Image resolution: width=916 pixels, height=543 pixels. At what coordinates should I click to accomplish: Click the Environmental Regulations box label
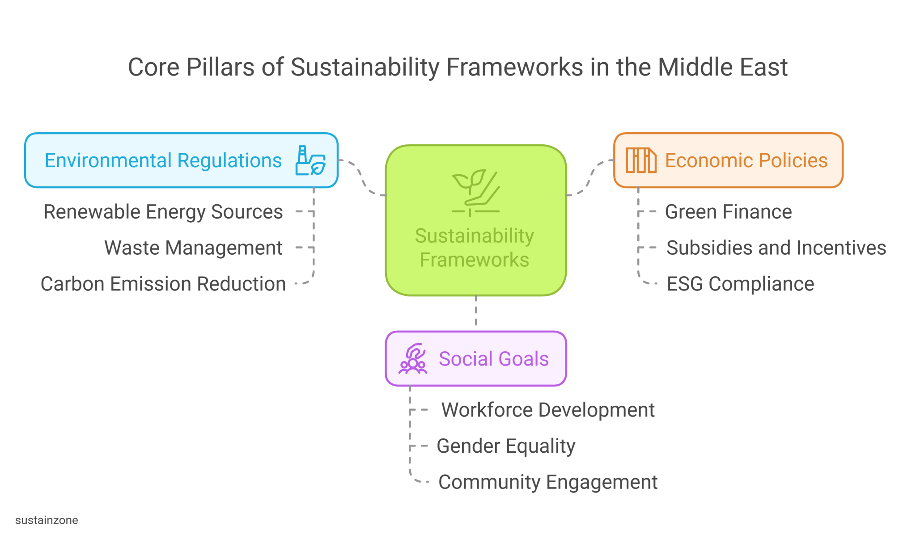(163, 160)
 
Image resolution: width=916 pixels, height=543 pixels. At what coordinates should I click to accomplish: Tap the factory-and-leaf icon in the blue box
(310, 160)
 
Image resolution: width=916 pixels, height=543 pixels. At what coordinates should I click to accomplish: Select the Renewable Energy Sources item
(163, 212)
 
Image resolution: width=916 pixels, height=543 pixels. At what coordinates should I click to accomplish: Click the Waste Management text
(193, 248)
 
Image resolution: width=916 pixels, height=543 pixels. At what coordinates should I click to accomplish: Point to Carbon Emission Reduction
(163, 284)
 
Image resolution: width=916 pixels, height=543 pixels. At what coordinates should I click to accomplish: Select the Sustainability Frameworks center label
(475, 248)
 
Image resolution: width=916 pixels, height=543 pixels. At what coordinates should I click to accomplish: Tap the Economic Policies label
(746, 160)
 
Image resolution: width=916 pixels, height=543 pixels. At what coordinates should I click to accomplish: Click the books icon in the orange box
(641, 160)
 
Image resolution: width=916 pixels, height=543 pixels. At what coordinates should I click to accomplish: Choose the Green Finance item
(728, 212)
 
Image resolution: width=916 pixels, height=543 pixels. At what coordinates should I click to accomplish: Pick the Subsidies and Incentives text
(776, 248)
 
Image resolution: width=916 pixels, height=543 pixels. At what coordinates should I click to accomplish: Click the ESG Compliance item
(740, 284)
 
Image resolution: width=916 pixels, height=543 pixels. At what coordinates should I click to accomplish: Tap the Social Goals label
(493, 359)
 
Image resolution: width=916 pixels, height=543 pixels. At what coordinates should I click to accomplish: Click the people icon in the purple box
(413, 359)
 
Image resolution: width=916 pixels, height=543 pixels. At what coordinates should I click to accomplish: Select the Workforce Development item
(548, 410)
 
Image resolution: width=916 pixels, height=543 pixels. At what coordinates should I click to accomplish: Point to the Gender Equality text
(506, 446)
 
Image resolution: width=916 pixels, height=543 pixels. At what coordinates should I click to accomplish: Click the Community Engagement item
(548, 482)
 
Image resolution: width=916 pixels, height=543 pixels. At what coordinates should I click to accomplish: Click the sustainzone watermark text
(47, 520)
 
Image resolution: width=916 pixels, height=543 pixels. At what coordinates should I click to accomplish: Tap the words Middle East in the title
(722, 67)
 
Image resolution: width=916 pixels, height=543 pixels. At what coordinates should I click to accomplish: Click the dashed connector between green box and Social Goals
(476, 313)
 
